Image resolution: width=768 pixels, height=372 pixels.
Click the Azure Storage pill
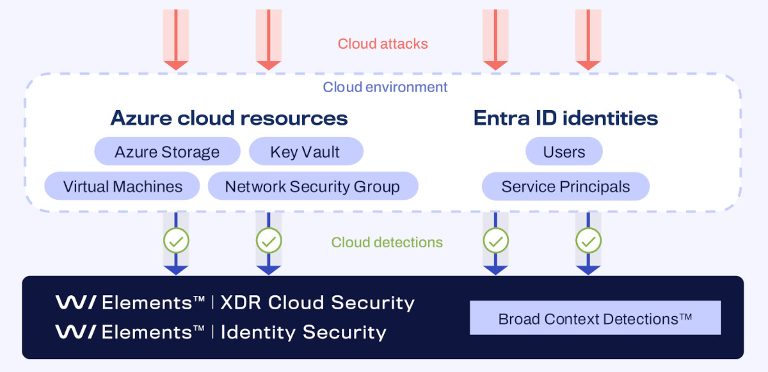[167, 152]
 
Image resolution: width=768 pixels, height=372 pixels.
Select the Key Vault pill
[305, 152]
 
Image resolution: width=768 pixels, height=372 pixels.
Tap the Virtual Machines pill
[123, 186]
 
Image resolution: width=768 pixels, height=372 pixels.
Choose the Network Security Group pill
[312, 186]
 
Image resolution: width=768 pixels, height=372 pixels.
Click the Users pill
[564, 152]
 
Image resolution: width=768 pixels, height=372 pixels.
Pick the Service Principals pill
[565, 186]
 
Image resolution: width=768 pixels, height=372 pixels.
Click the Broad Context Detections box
[595, 318]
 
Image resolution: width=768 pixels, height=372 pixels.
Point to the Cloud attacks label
[383, 44]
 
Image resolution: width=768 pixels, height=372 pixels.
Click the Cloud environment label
[385, 87]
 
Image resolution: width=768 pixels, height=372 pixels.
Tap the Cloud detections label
[387, 242]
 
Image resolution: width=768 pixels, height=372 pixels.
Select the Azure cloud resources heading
[229, 118]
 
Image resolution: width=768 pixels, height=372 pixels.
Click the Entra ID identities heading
[566, 118]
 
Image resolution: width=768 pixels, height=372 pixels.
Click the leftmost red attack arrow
[176, 38]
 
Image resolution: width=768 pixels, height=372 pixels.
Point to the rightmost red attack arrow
[588, 38]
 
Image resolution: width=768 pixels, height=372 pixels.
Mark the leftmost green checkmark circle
[176, 241]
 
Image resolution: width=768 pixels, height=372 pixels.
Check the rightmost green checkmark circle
[588, 241]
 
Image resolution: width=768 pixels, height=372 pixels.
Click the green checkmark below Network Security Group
[269, 241]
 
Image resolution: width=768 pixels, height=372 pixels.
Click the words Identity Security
[303, 332]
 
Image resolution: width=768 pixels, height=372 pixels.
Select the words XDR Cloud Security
[317, 302]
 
